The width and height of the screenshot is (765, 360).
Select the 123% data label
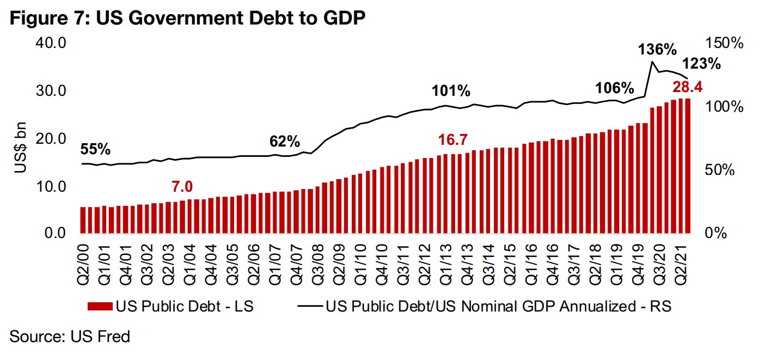(x=702, y=64)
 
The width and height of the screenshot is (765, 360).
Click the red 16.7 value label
(x=454, y=141)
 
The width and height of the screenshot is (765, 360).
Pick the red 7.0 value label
(x=182, y=186)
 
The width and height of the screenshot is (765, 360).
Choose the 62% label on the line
(x=285, y=142)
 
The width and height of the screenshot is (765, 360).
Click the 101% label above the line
(x=451, y=91)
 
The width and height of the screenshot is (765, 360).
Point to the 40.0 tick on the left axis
(x=50, y=42)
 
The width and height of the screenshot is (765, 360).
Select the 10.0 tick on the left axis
(x=50, y=186)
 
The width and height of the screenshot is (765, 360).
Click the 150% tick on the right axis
(x=723, y=42)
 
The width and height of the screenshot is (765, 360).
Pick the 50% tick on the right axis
(x=720, y=170)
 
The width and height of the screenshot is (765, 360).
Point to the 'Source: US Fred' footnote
(x=70, y=337)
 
